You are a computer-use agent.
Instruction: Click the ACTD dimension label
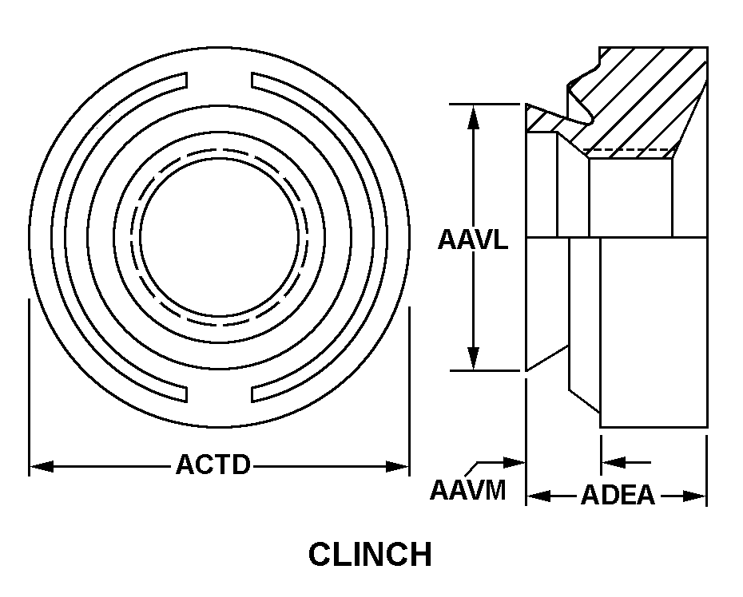point(213,465)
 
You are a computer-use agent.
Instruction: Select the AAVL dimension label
point(472,239)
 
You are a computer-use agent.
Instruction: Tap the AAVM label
point(467,490)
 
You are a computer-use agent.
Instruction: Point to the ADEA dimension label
point(618,495)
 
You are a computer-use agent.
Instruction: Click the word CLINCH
point(370,555)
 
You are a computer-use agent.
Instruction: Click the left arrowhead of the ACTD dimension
point(42,466)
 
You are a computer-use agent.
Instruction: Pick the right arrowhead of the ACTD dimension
point(397,466)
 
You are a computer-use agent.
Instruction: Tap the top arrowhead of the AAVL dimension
point(473,117)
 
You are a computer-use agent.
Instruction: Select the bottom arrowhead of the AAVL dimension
point(473,358)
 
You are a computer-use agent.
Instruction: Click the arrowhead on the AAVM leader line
point(515,463)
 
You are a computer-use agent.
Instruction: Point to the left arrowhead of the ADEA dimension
point(538,496)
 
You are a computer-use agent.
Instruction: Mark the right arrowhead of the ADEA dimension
point(695,496)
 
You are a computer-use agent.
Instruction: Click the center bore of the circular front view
point(220,237)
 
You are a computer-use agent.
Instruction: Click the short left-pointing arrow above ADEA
point(626,462)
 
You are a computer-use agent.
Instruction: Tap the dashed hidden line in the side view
point(630,149)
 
